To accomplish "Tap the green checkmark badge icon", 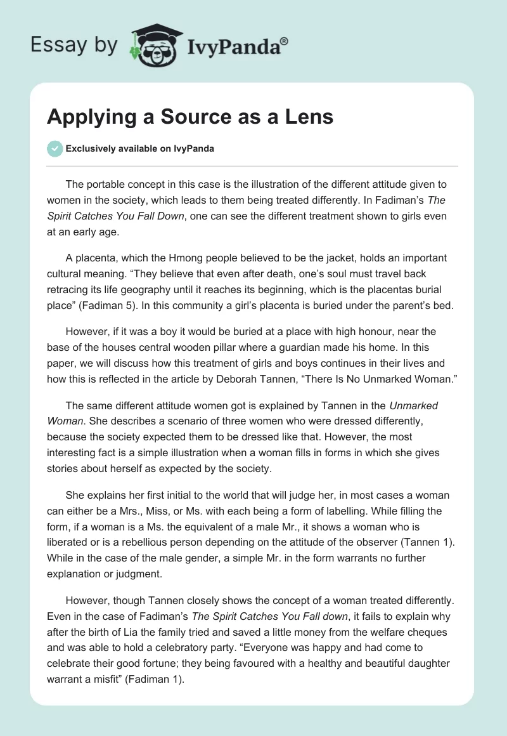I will point(55,148).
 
